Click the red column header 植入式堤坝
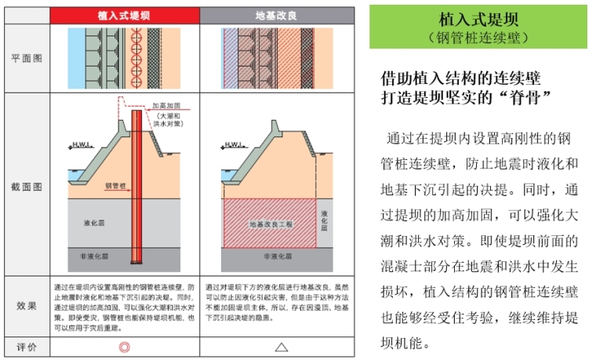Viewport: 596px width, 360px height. [124, 14]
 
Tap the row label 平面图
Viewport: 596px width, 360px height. [27, 59]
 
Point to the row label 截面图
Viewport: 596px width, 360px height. [27, 187]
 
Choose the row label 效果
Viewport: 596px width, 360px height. [27, 305]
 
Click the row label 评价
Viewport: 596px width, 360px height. [27, 346]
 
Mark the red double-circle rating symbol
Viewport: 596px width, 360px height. [124, 346]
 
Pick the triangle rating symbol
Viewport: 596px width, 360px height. [281, 346]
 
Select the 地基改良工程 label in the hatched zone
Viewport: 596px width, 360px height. [270, 224]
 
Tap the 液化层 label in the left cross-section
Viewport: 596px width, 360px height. [94, 223]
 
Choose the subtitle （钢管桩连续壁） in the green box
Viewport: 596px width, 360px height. [478, 37]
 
